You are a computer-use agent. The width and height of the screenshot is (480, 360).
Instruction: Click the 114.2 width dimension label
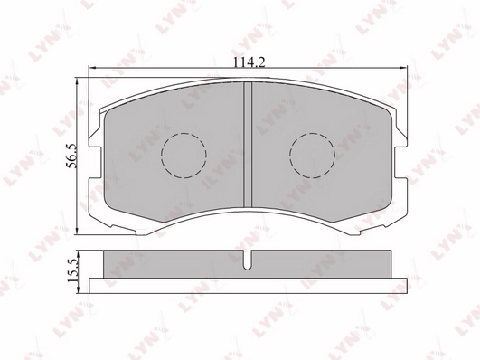click(249, 62)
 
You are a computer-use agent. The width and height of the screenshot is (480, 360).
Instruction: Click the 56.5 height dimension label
click(71, 156)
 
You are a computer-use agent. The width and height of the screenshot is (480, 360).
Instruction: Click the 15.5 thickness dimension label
click(73, 270)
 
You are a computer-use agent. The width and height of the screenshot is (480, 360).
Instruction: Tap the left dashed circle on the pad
click(184, 156)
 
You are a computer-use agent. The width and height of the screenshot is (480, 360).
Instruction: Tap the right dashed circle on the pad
click(312, 156)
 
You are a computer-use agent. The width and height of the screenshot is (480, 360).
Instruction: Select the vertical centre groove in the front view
click(248, 144)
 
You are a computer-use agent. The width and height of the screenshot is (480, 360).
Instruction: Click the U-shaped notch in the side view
click(248, 261)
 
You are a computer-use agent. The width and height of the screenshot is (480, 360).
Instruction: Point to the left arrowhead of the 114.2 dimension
click(92, 68)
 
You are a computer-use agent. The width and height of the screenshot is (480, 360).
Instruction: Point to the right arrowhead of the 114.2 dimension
click(403, 68)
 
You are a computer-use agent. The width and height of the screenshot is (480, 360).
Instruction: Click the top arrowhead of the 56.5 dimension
click(77, 81)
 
